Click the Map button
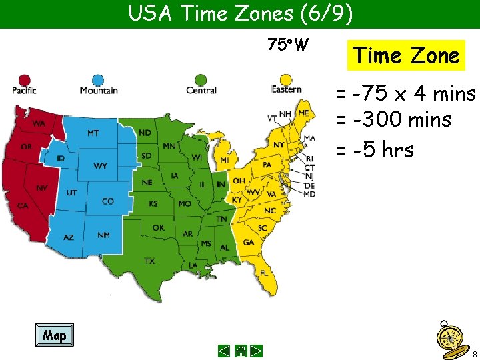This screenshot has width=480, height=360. click(x=54, y=335)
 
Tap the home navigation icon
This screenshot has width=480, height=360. click(x=241, y=351)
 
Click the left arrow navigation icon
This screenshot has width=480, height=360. click(x=225, y=351)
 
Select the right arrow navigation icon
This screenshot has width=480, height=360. click(x=257, y=351)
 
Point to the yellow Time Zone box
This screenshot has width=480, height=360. click(x=406, y=55)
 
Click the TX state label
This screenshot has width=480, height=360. click(x=150, y=261)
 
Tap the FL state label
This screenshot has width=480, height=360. click(x=265, y=273)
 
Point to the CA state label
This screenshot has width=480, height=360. click(x=23, y=205)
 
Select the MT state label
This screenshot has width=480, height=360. click(x=93, y=133)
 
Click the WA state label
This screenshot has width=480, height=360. click(x=39, y=124)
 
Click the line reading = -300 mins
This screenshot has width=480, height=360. click(x=393, y=121)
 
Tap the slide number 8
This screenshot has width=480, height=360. click(x=474, y=353)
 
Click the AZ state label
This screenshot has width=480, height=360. click(x=69, y=237)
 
